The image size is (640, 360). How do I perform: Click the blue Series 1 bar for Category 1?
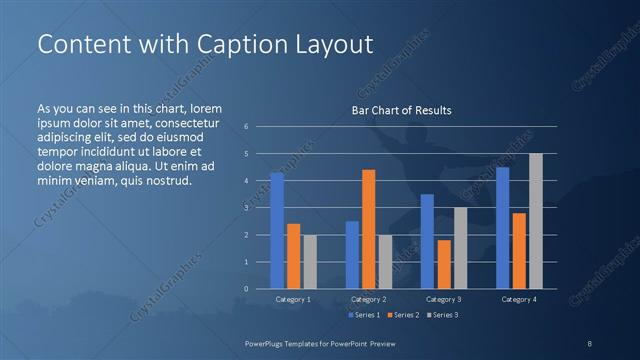click(277, 231)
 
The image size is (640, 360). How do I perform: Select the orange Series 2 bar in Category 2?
click(368, 229)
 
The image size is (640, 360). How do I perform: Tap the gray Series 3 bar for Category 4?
click(535, 221)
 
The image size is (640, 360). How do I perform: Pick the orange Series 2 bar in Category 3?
click(443, 264)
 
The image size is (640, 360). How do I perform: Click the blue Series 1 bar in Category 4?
click(502, 228)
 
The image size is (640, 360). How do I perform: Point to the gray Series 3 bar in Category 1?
click(310, 262)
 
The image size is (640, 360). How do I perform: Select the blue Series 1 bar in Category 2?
click(352, 255)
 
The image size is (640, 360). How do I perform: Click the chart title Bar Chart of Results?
click(401, 110)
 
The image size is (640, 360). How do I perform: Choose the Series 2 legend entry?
click(402, 315)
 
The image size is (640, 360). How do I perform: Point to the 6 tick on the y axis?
click(246, 126)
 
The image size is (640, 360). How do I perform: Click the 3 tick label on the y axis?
click(246, 208)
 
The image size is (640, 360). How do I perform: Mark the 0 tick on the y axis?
click(246, 289)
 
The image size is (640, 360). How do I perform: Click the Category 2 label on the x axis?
click(368, 299)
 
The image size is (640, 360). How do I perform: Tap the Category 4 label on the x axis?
click(518, 299)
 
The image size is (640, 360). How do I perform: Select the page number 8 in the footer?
click(590, 342)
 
